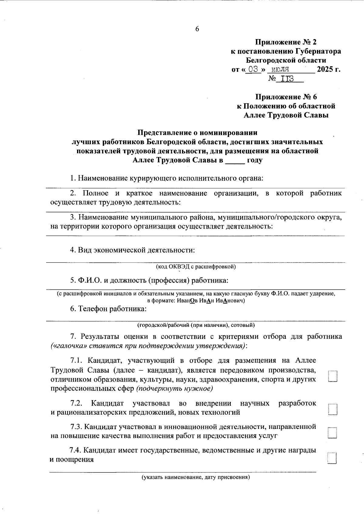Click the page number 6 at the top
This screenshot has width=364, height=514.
[197, 29]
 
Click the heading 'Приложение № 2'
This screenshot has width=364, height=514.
[286, 42]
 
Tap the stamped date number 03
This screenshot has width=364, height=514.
[253, 69]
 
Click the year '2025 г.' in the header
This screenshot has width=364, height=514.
[329, 69]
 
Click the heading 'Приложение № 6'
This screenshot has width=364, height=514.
[286, 97]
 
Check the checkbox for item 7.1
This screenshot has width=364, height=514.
[333, 376]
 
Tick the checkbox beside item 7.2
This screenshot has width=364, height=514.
[333, 409]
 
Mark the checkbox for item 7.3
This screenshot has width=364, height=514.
[333, 433]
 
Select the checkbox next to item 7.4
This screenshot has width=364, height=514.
[333, 458]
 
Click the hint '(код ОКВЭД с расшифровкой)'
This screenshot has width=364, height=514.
[196, 267]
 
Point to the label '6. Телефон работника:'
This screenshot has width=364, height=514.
[109, 309]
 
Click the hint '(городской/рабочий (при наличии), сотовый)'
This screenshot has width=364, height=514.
[196, 325]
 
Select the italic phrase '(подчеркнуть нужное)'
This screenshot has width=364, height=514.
[174, 388]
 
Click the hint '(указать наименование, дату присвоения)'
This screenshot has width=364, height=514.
[196, 478]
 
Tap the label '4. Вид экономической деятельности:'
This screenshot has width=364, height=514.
[132, 250]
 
